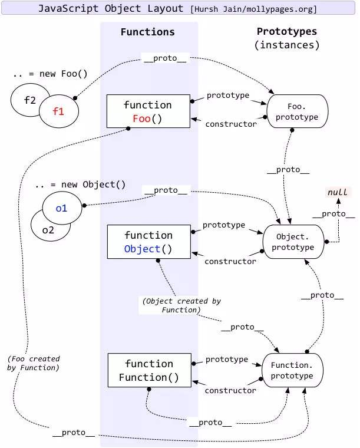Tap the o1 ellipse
tap(62, 208)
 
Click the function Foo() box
tap(148, 111)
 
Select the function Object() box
tap(148, 242)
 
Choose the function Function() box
tap(148, 370)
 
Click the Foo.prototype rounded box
tap(298, 112)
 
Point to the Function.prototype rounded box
tap(292, 370)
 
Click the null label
tap(338, 192)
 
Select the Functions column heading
tap(147, 32)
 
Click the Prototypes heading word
tap(286, 31)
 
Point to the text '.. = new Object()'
tap(80, 184)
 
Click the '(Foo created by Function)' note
tap(34, 363)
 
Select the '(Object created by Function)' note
tap(181, 305)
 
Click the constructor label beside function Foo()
tap(230, 124)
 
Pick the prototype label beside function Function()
tap(226, 359)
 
